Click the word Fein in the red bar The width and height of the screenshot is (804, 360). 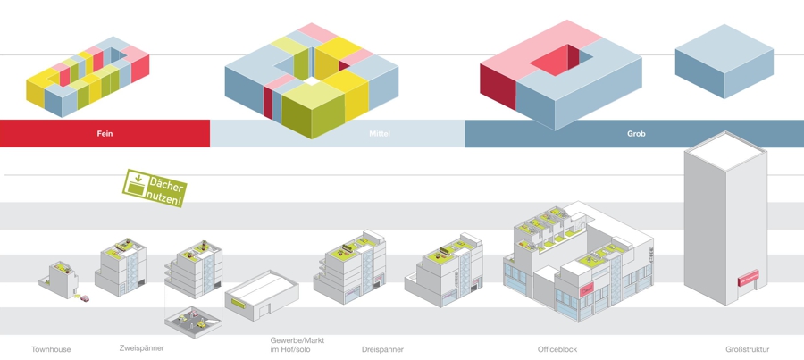pos(105,134)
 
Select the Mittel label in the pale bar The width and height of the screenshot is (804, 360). pos(380,134)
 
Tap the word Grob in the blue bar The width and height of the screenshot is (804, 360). pos(636,134)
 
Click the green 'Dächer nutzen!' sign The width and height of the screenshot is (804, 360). pos(155,188)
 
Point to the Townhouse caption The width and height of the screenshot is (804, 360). pos(51,349)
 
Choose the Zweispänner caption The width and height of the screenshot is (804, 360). pos(142,347)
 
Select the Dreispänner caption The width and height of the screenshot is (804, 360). pos(382,349)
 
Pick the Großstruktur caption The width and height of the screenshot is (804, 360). pos(747,349)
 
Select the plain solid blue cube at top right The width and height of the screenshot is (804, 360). pos(724,60)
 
